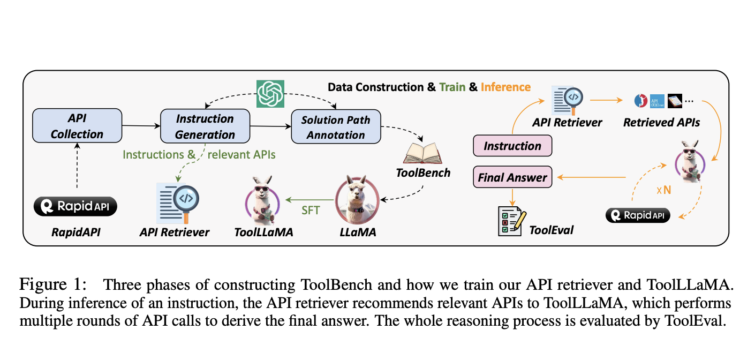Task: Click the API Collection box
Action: coord(77,126)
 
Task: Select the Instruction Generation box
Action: coord(205,126)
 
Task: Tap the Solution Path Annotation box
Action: coord(335,126)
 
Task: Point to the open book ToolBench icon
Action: coord(421,154)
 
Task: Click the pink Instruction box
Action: coord(512,146)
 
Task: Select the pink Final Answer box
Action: coord(512,177)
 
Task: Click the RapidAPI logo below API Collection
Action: coord(75,206)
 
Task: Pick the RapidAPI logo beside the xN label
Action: coord(637,215)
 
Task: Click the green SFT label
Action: coord(311,211)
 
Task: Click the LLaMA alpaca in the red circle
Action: coord(357,201)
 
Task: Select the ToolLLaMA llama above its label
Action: coord(262,201)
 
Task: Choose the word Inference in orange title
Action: coord(505,87)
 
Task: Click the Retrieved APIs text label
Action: coord(661,122)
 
